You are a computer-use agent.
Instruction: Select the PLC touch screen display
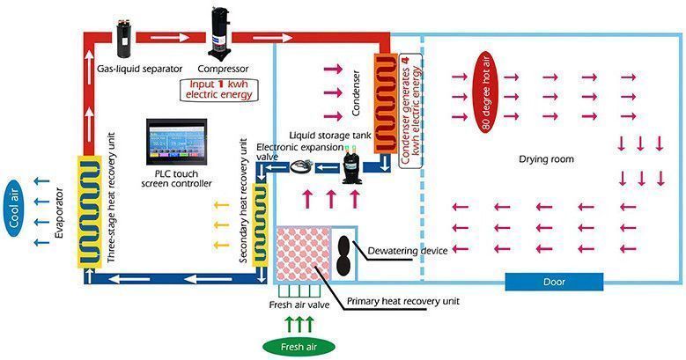tap(176, 142)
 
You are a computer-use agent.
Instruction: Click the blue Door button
tap(554, 283)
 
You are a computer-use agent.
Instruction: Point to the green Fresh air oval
tap(299, 348)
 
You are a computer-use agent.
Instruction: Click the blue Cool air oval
tap(14, 211)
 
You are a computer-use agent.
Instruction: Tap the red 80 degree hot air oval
tap(487, 92)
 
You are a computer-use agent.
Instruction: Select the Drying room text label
tap(546, 158)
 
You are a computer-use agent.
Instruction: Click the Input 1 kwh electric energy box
tap(218, 90)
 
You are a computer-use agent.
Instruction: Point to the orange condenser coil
tap(386, 104)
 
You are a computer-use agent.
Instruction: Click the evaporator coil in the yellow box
tap(90, 212)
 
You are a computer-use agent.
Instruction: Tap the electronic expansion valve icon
tap(301, 165)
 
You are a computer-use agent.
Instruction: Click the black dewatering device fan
tap(344, 255)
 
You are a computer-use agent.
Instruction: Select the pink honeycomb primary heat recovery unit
tap(303, 254)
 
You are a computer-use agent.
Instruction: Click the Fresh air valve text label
tap(299, 305)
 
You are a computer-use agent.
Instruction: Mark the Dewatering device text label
tap(408, 251)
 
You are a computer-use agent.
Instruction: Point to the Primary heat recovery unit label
tap(403, 301)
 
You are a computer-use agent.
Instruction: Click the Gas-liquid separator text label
tap(139, 69)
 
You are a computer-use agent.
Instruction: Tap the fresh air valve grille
tap(299, 290)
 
